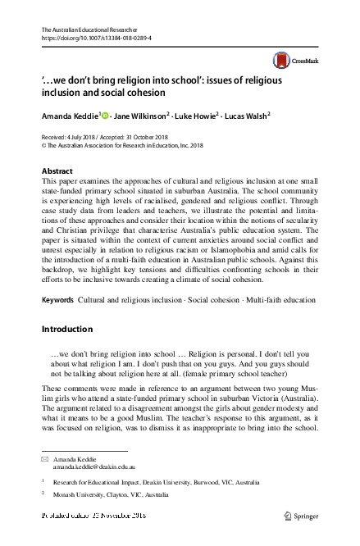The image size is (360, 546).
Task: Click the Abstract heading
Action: [x=57, y=171]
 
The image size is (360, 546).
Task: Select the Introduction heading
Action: [x=67, y=329]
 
